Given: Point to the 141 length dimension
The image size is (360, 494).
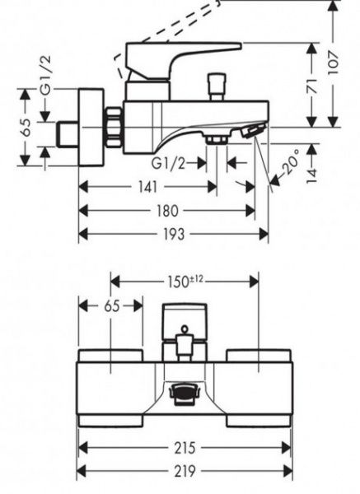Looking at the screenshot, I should click(147, 187).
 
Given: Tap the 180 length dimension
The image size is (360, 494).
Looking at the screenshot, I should click(166, 211).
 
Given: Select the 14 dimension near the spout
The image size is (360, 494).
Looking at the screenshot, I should click(311, 175).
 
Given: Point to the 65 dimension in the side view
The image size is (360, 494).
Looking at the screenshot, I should click(26, 128).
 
